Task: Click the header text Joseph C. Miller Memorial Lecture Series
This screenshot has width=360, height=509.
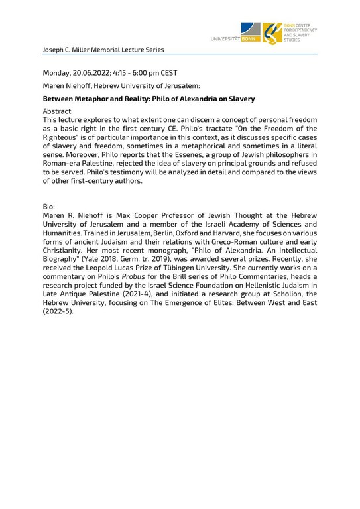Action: pyautogui.click(x=103, y=50)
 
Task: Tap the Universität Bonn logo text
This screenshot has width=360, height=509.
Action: pyautogui.click(x=234, y=39)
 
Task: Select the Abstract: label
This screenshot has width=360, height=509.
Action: pyautogui.click(x=58, y=112)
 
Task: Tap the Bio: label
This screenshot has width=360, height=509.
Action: pyautogui.click(x=50, y=207)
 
